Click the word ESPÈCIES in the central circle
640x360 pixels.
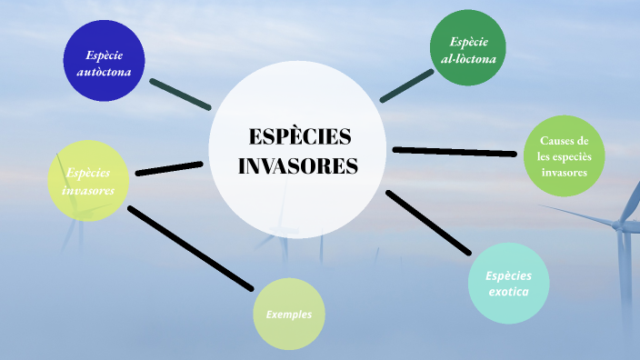point(299,136)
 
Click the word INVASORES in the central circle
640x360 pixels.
point(298,166)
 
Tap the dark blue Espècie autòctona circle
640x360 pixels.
point(105,62)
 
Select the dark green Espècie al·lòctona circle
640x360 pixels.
point(468,48)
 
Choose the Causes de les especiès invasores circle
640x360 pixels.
point(564,155)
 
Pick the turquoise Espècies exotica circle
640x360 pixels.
point(508,284)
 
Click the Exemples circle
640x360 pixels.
point(289,315)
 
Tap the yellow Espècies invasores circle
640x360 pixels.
point(87,180)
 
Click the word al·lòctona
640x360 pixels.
point(468,59)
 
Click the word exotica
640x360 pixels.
point(508,292)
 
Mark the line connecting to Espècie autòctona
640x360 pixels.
point(180,95)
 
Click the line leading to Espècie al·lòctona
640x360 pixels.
point(406,85)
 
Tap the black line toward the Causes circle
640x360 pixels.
point(454,151)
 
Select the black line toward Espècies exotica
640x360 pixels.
point(429,223)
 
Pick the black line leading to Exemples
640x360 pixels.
point(190,248)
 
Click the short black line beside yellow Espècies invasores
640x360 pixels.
point(168,168)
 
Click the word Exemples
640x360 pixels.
point(289,315)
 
